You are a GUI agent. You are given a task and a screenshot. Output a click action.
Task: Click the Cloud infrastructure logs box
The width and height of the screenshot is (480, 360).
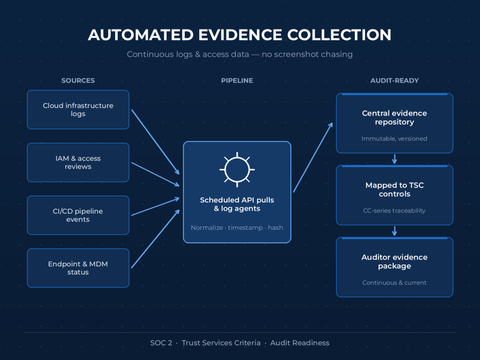[78, 109]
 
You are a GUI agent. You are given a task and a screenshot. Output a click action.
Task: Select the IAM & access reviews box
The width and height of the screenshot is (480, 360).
[78, 163]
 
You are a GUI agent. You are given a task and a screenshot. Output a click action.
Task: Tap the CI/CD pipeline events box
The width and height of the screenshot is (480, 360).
[78, 215]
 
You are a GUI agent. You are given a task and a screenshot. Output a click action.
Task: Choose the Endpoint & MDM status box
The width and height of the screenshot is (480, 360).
[78, 268]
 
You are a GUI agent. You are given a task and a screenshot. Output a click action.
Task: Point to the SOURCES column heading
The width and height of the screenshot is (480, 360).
[78, 81]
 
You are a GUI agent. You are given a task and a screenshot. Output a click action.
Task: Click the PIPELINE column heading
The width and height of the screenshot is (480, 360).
[237, 81]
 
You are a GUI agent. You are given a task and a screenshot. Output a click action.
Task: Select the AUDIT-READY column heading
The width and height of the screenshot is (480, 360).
[395, 81]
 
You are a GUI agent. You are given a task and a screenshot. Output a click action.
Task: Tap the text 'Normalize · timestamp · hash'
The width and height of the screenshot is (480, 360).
[237, 228]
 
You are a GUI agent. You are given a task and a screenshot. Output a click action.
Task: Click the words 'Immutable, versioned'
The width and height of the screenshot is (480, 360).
[394, 139]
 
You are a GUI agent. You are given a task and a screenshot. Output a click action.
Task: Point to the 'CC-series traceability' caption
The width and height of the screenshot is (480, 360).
[394, 211]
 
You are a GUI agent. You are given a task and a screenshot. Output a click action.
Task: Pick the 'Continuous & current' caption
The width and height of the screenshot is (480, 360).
[394, 283]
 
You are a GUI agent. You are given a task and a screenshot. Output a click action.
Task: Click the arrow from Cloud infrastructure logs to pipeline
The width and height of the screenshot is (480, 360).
[155, 142]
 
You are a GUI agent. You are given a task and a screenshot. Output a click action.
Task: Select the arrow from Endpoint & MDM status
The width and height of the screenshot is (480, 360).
[155, 239]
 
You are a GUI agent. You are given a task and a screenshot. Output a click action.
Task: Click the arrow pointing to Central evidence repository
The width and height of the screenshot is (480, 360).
[313, 157]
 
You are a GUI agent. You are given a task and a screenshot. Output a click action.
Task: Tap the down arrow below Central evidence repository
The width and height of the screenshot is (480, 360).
[395, 159]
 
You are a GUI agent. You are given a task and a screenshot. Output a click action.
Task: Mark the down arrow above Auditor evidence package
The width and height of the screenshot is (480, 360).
[395, 231]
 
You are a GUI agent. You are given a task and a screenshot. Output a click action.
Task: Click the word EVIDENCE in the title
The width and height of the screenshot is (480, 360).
[240, 35]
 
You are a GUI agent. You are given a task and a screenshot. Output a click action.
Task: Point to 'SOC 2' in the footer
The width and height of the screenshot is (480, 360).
[161, 343]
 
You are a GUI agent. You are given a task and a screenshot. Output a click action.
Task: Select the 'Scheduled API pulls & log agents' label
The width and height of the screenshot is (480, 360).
[237, 204]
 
